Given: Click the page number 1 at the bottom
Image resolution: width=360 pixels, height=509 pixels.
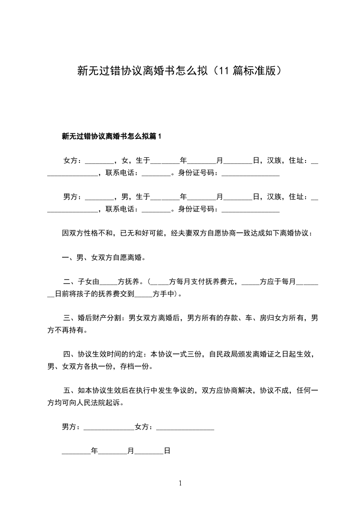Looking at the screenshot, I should pyautogui.click(x=180, y=483).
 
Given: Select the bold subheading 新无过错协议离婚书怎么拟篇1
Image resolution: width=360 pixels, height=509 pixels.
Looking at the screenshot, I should pyautogui.click(x=112, y=136).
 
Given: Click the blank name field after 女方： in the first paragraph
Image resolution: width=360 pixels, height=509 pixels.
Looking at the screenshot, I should pyautogui.click(x=99, y=161).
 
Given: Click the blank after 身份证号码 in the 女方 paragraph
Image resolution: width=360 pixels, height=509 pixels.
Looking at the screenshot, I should pyautogui.click(x=250, y=173).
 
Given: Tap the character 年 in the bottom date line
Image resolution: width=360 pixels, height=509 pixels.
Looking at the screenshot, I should pyautogui.click(x=94, y=451).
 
